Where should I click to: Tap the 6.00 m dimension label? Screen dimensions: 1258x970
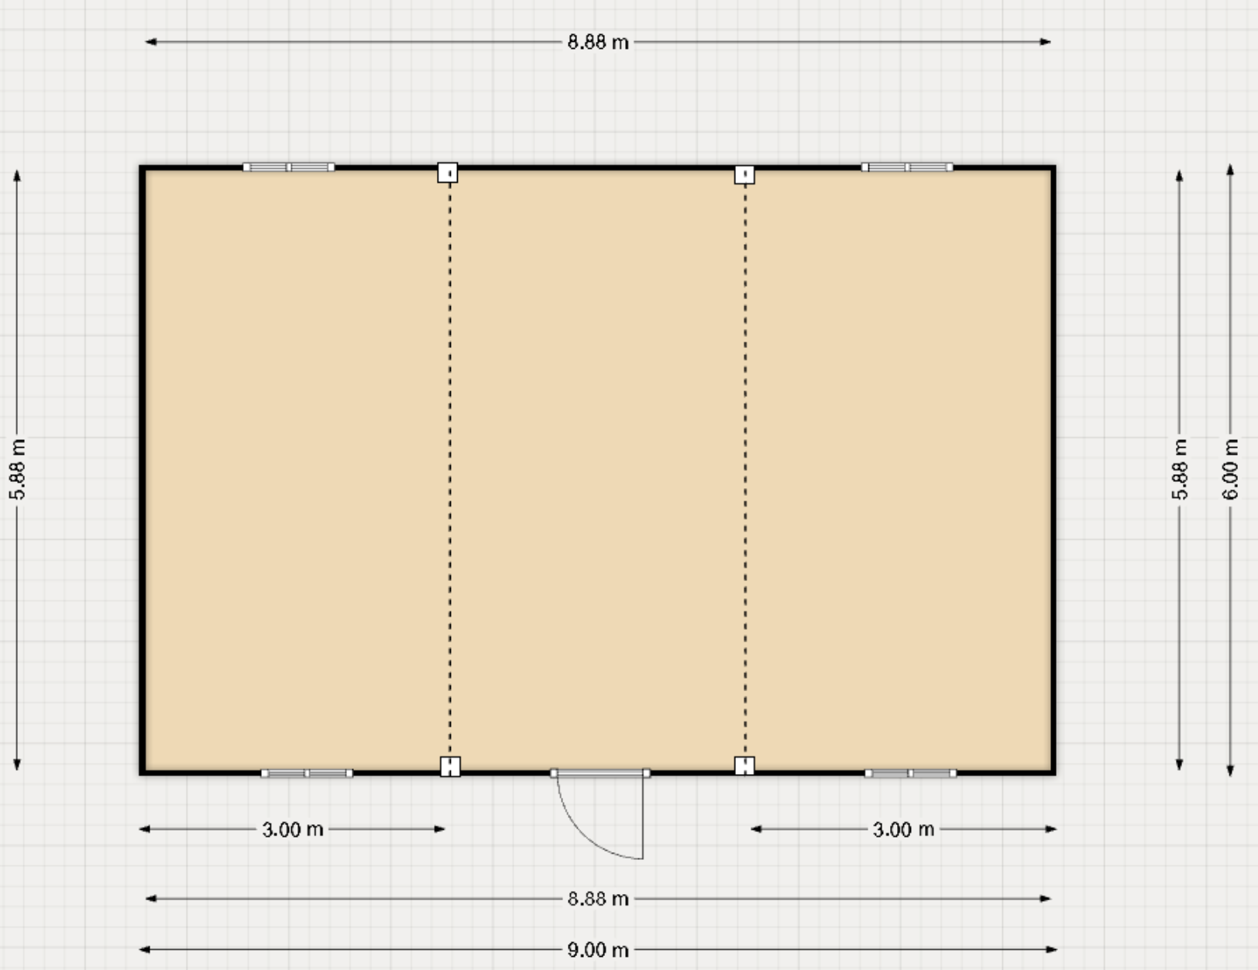pos(1230,470)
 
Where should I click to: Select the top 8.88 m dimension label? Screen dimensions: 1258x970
pos(598,43)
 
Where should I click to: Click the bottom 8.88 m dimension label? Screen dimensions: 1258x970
pos(598,899)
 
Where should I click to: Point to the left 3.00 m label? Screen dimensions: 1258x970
pos(292,829)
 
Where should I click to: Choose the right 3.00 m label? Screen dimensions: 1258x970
pos(903,829)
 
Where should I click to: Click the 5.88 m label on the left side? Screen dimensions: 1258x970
pos(17,470)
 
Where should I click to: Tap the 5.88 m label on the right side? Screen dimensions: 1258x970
pos(1179,470)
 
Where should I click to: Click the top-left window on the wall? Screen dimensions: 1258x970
pos(288,167)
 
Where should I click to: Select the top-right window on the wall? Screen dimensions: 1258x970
pos(907,167)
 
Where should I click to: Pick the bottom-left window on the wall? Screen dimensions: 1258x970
pos(307,773)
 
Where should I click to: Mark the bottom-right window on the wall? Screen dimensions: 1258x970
pos(911,773)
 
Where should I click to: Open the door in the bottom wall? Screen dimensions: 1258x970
pos(600,773)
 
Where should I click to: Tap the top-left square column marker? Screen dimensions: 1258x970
pos(448,173)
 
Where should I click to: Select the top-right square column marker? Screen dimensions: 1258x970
pos(744,174)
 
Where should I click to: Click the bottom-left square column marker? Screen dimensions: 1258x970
pos(450,766)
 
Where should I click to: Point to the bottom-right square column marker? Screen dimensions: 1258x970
pos(744,765)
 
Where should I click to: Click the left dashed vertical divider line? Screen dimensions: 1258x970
pos(450,470)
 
